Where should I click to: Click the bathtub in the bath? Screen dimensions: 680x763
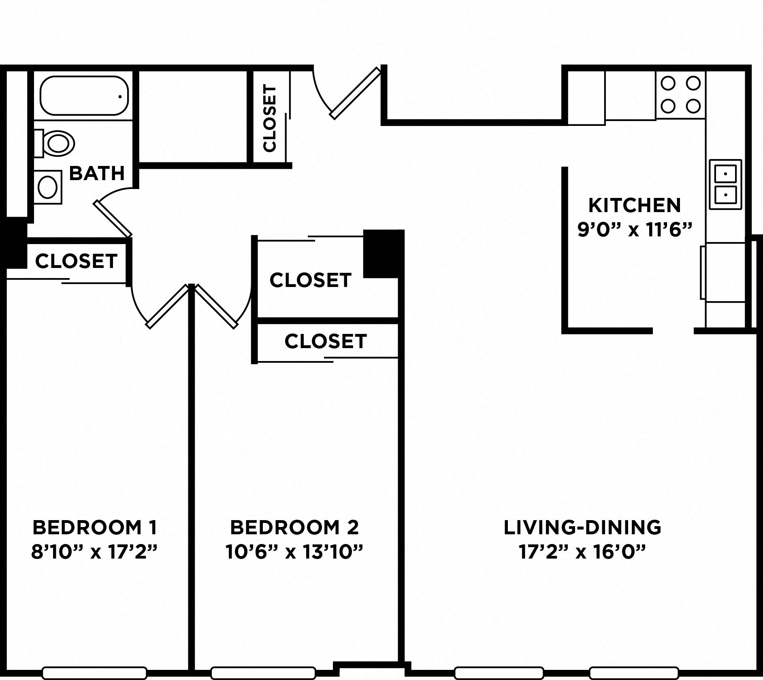tap(84, 96)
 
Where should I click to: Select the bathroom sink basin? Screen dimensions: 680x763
tap(47, 187)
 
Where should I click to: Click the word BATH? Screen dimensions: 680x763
tap(97, 173)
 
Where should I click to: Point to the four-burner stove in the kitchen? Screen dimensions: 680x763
tap(680, 95)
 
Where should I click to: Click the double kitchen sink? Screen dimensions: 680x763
tap(725, 185)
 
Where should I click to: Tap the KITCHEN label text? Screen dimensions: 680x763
tap(634, 205)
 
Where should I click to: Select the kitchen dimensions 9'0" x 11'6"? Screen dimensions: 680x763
tap(634, 230)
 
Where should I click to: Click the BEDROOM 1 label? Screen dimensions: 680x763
tap(94, 527)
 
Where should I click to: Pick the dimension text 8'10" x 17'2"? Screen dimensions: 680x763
tap(94, 552)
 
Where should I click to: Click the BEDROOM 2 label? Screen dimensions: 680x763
tap(294, 527)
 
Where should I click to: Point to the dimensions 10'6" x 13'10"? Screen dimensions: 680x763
tap(294, 552)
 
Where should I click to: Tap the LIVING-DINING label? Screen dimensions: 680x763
tap(582, 527)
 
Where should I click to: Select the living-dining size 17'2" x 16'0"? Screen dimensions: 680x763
tap(582, 552)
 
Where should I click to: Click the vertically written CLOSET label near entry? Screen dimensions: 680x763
tap(269, 118)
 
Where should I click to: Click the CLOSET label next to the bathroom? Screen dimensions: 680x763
tap(76, 261)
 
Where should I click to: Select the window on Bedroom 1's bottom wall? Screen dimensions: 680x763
tap(94, 673)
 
